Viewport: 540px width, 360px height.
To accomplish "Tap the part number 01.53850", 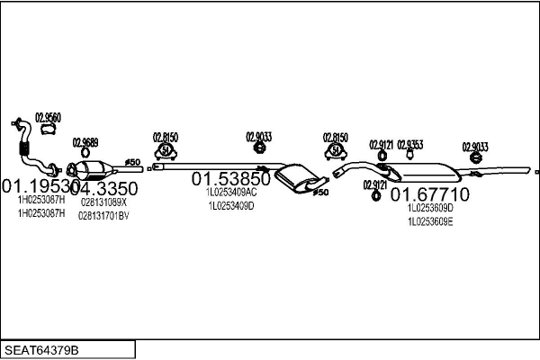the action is [230, 179].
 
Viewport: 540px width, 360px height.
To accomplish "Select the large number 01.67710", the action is [429, 194].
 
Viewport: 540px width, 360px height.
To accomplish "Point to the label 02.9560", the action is [48, 117].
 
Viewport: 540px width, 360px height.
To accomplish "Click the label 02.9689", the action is [85, 142].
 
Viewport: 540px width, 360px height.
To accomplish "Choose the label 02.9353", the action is [409, 144].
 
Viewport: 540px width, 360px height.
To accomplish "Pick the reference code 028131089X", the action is [103, 202].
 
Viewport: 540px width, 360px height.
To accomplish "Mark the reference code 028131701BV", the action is [103, 215].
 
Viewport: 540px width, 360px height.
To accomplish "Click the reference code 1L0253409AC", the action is [231, 192].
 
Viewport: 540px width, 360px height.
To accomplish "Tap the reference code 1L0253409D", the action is [231, 205].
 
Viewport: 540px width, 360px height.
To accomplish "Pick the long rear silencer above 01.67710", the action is [423, 171].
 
